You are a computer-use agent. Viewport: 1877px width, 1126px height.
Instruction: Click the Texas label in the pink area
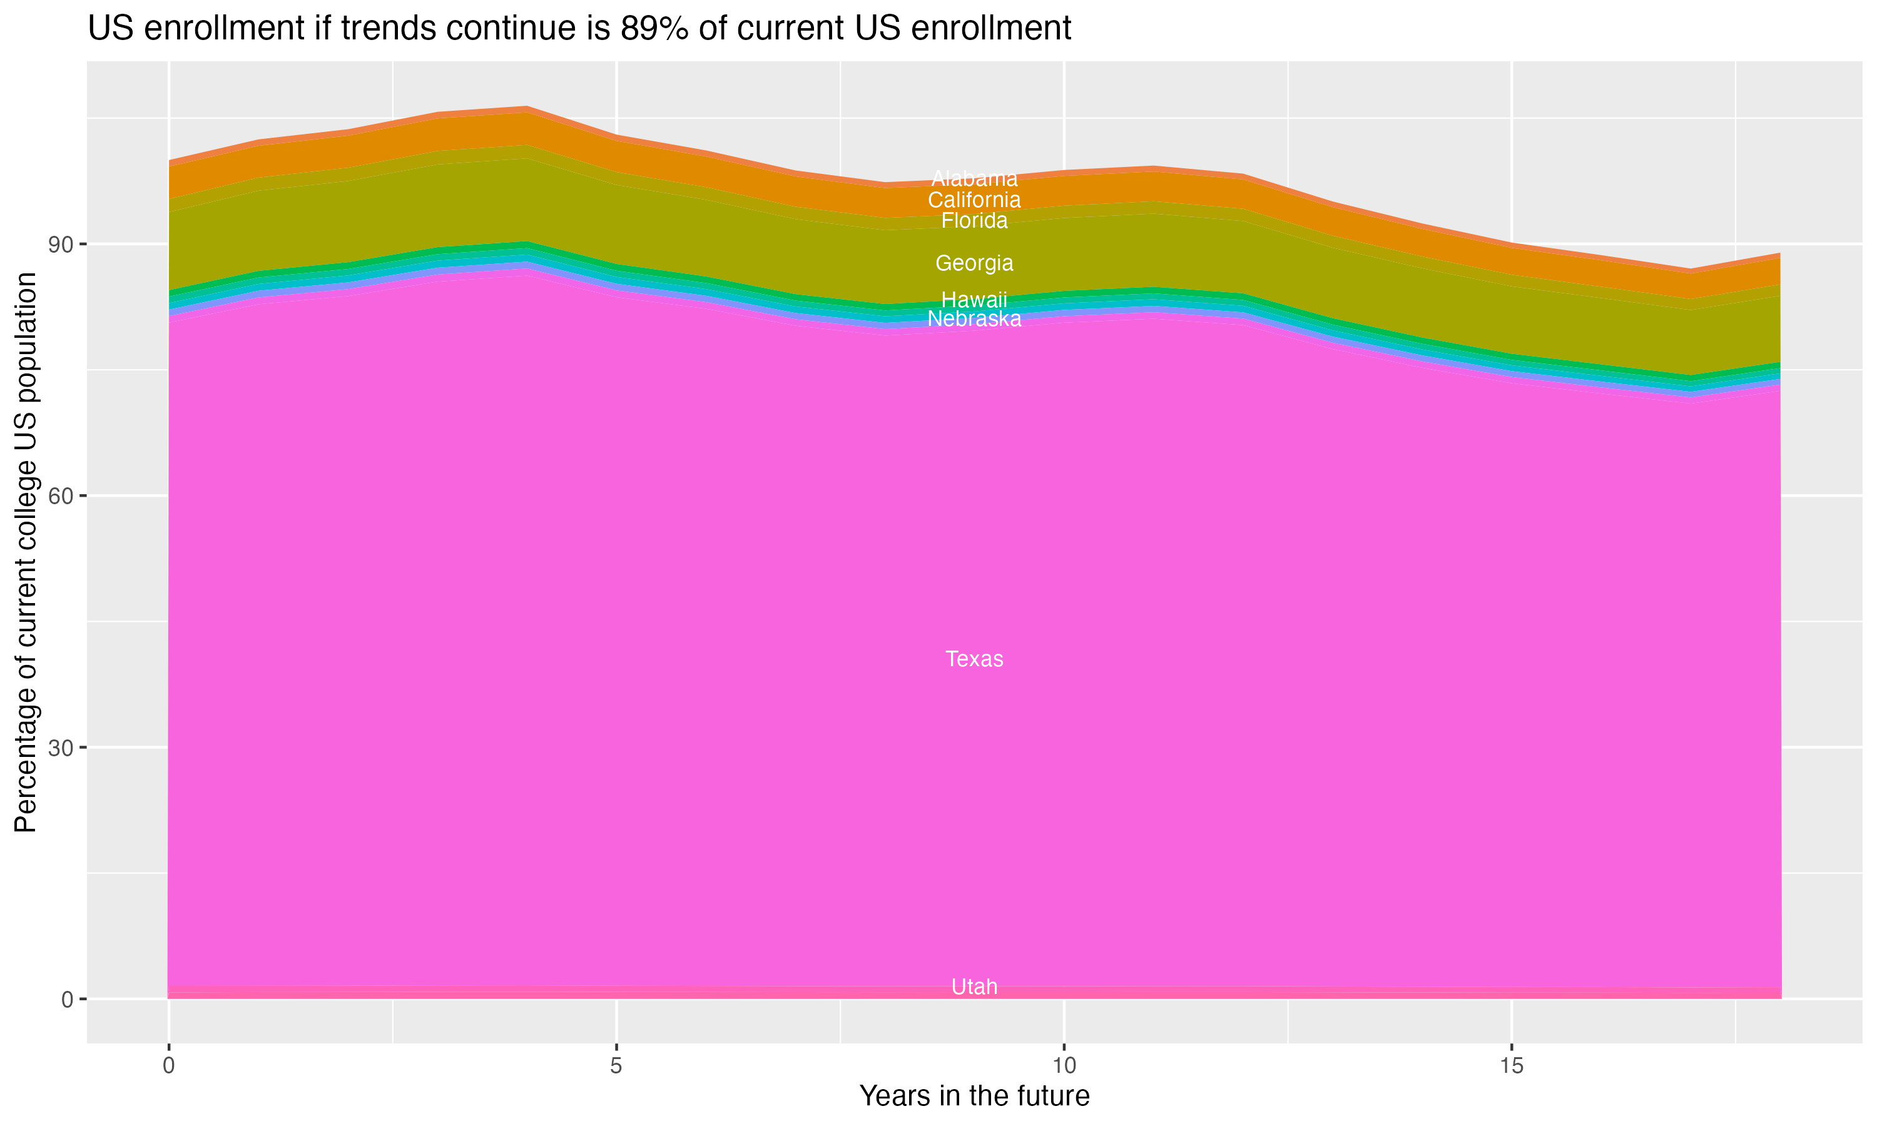(x=974, y=659)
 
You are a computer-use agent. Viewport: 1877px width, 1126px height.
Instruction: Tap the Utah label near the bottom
(x=974, y=987)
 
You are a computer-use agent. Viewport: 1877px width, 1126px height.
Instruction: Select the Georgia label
(x=974, y=263)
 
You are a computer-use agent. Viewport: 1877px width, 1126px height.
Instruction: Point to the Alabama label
(x=974, y=178)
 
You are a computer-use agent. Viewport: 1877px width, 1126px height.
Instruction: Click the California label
(x=974, y=200)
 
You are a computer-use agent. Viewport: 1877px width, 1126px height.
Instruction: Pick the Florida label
(x=974, y=221)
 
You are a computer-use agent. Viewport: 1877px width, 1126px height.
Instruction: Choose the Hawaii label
(x=974, y=300)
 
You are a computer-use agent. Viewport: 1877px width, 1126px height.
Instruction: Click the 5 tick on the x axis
(x=616, y=1066)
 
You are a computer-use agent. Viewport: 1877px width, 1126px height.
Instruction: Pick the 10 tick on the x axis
(x=1064, y=1066)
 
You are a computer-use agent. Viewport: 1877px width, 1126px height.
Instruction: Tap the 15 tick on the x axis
(x=1512, y=1066)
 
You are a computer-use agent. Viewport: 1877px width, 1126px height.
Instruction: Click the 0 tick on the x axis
(x=168, y=1066)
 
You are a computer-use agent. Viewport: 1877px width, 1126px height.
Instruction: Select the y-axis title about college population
(x=26, y=552)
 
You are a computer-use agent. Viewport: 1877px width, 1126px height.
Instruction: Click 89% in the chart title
(x=649, y=29)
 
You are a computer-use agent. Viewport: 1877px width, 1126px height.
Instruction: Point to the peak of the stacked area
(x=527, y=107)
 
